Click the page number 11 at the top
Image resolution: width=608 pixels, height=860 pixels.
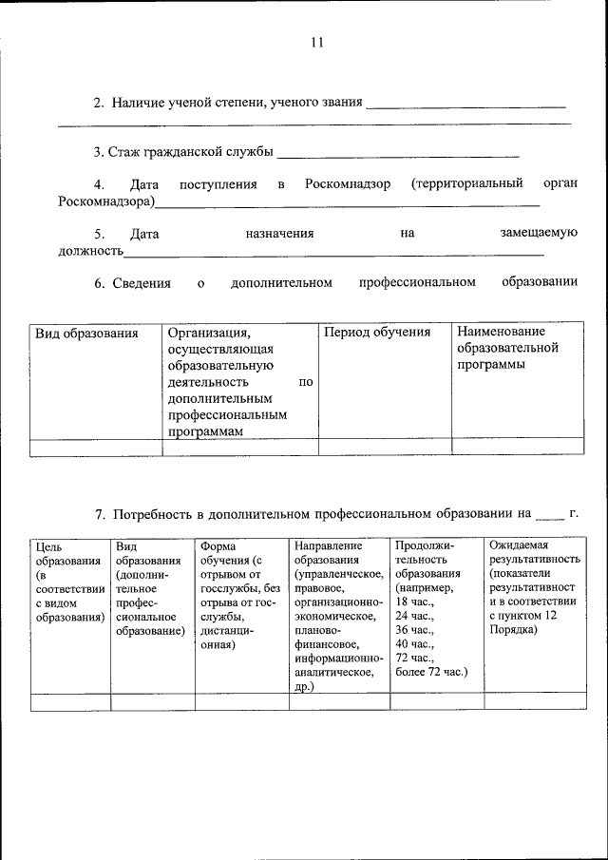(317, 43)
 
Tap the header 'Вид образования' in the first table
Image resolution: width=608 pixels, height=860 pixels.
(86, 334)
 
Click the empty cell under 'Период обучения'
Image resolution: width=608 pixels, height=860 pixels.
(384, 447)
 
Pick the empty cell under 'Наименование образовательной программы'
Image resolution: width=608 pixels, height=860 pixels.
(517, 447)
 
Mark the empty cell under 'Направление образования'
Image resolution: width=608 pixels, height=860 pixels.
(339, 702)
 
